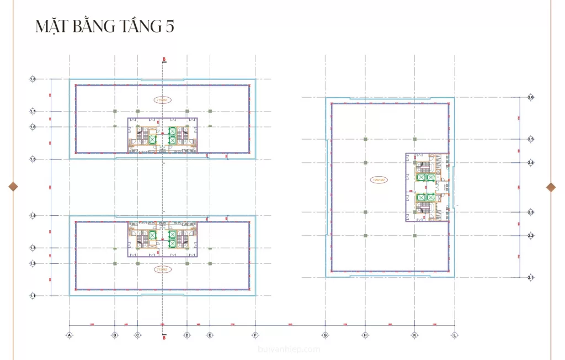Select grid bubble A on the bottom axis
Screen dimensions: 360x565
point(70,335)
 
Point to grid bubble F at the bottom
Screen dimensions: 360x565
point(255,335)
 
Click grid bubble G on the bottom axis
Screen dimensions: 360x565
point(325,335)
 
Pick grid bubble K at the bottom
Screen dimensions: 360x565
point(414,335)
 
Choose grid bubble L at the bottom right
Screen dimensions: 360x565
point(455,335)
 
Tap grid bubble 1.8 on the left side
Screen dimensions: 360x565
point(33,80)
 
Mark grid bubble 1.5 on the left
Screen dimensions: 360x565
point(33,159)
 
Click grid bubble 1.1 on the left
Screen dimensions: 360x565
point(33,296)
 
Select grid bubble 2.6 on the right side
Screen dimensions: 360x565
point(530,98)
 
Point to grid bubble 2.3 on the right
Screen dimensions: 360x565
point(530,212)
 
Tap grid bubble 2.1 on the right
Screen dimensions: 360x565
point(530,277)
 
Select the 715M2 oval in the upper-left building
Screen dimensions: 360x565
point(162,100)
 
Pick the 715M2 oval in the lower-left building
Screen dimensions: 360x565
point(162,269)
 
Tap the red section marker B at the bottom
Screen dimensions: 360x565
point(164,337)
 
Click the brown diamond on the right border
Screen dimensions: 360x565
point(551,187)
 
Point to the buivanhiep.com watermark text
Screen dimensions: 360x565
point(289,349)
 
